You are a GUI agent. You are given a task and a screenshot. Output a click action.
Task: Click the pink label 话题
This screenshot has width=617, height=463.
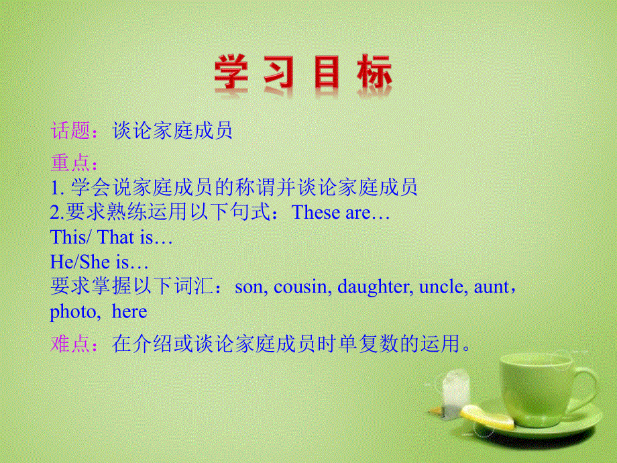[70, 131]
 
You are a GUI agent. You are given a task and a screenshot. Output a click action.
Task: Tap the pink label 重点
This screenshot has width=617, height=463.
[70, 163]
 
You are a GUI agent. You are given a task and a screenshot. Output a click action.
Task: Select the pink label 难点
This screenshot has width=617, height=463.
[70, 345]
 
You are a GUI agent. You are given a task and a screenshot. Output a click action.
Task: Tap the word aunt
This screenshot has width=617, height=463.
[491, 288]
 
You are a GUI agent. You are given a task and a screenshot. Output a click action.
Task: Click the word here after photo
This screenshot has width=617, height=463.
[129, 313]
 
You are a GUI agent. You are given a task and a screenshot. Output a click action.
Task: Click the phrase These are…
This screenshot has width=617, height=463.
[342, 213]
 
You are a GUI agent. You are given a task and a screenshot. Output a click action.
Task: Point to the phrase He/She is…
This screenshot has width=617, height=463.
[99, 263]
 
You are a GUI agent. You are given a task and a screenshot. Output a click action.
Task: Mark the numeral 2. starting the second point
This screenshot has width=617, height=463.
[56, 213]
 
